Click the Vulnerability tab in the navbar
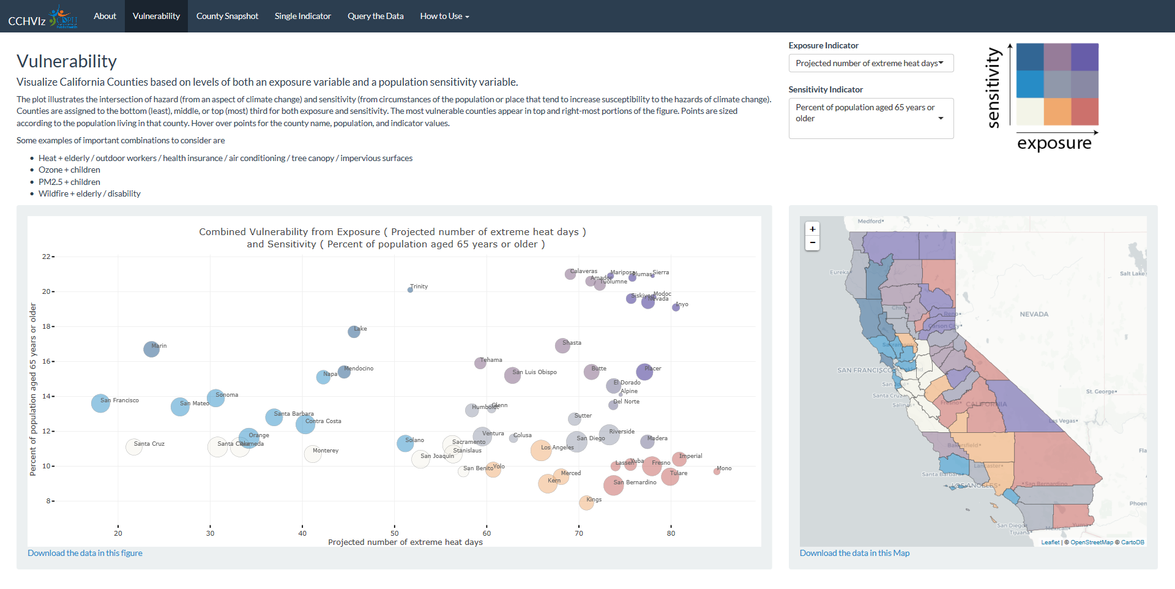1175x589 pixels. pos(156,16)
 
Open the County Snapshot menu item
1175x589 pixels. pos(227,16)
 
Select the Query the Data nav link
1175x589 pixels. pos(375,16)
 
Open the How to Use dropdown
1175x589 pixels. pos(444,16)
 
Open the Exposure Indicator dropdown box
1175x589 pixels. pos(870,63)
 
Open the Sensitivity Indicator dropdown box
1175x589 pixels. pos(870,118)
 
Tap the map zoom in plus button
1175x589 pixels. pos(812,229)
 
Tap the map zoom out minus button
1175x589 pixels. pos(812,243)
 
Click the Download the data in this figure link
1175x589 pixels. pos(85,553)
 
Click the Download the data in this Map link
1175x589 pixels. pos(854,553)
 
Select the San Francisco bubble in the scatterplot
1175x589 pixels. pos(100,403)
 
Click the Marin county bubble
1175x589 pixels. pos(151,349)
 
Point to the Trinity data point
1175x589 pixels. pos(410,290)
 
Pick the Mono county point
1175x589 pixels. pos(717,471)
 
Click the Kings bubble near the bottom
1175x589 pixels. pos(586,503)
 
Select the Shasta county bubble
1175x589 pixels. pos(562,345)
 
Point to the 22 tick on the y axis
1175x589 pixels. pos(47,257)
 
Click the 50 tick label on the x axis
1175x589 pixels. pos(395,533)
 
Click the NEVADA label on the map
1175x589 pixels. pos(1034,314)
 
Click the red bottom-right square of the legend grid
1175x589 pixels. pos(1084,111)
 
